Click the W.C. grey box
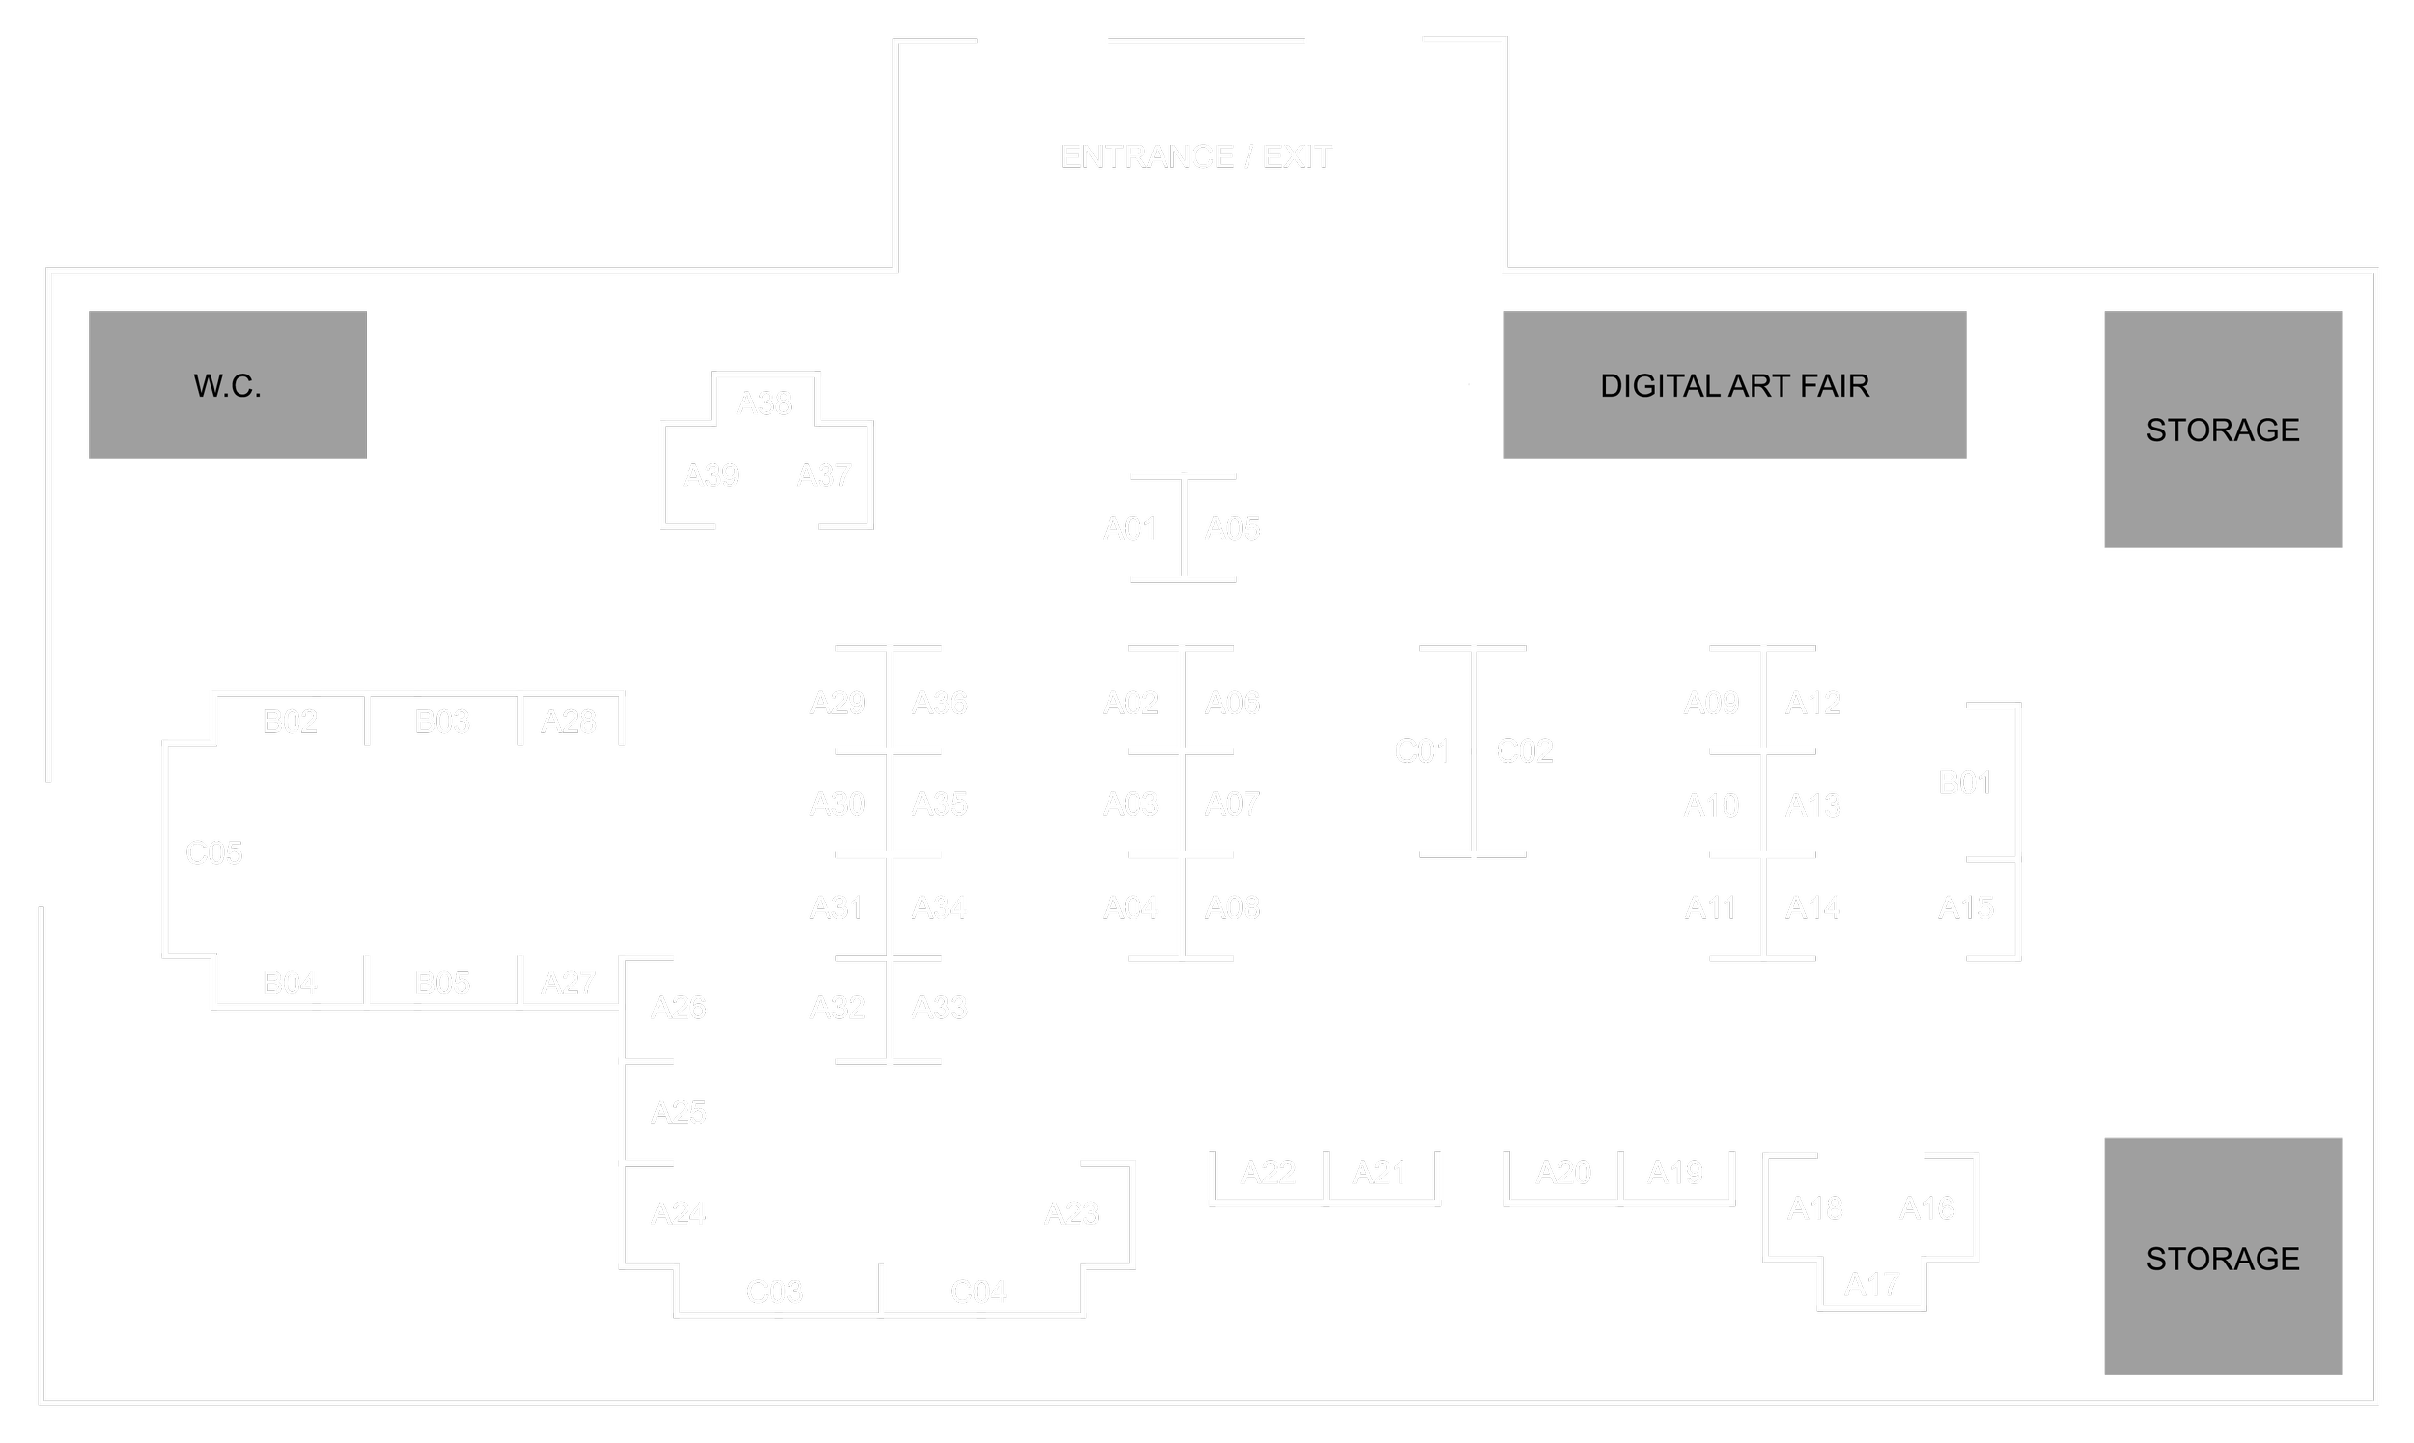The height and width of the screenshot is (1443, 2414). tap(228, 385)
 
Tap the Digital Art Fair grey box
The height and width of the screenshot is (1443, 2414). tap(1734, 385)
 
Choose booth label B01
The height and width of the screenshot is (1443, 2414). tap(1965, 783)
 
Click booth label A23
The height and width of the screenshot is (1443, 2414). tap(1071, 1213)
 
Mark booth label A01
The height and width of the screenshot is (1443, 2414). tap(1130, 529)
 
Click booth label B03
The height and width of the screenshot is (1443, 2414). tap(442, 722)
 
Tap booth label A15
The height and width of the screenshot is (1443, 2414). tap(1966, 907)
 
